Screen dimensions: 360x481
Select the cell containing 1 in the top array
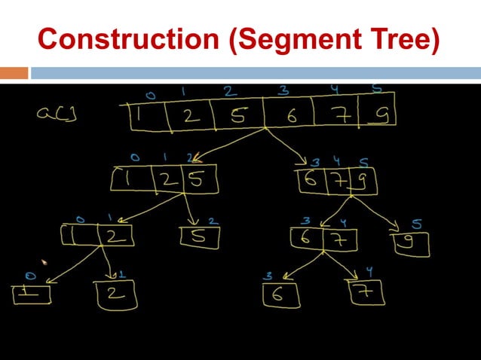(144, 116)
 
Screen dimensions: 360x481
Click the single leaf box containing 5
(199, 237)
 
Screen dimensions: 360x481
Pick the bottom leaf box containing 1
(32, 293)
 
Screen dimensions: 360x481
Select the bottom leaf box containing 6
(280, 294)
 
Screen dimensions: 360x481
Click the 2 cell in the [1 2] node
(115, 236)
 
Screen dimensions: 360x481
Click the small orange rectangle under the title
(14, 73)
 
